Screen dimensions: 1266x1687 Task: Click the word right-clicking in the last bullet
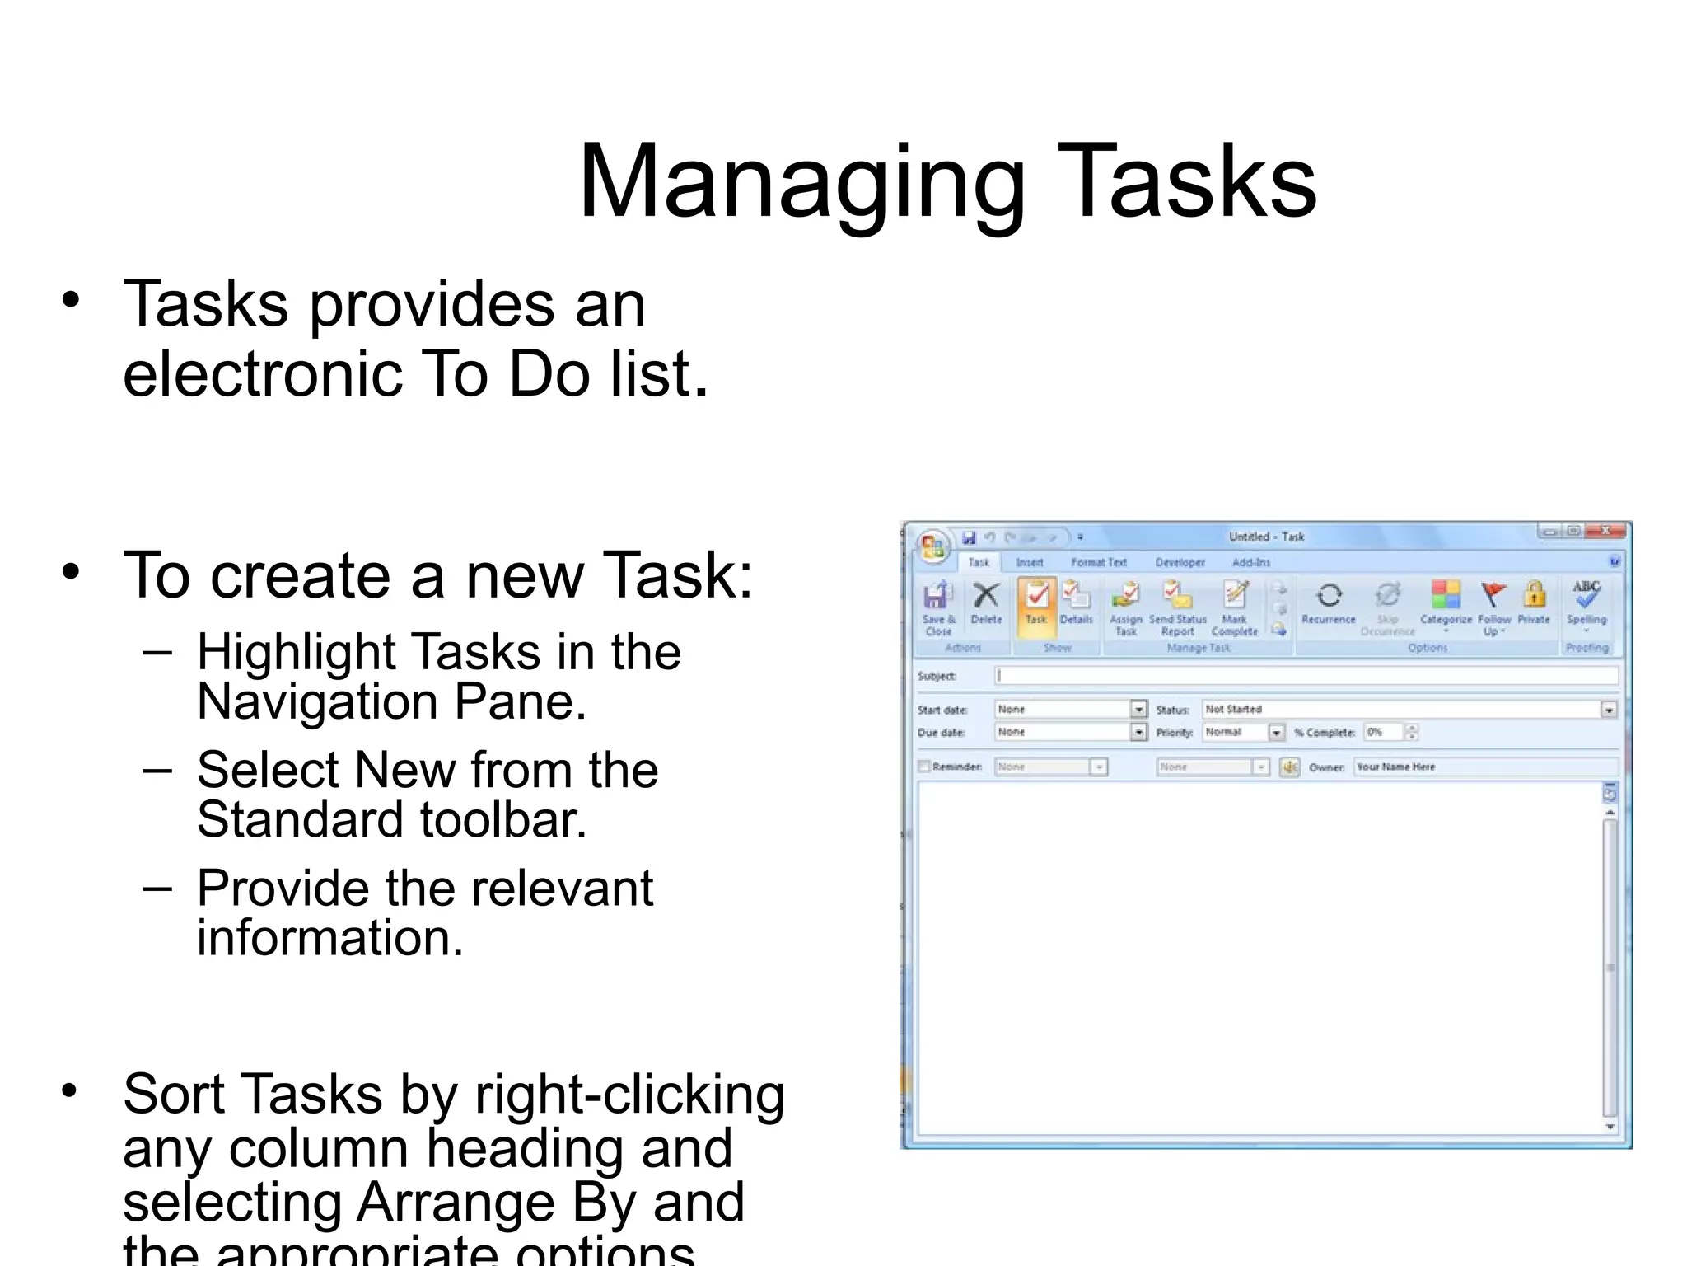coord(629,1095)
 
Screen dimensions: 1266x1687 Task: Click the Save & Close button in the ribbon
coord(937,607)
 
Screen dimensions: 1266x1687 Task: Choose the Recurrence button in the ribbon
coord(1328,602)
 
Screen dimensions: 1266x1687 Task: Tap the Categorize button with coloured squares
coord(1446,602)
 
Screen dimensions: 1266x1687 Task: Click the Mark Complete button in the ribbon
coord(1234,605)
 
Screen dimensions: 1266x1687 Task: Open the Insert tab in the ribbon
coord(1029,562)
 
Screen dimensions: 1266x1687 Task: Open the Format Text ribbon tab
coord(1098,562)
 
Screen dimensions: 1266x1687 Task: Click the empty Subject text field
coord(1305,676)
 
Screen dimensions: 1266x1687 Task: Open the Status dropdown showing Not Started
coord(1608,710)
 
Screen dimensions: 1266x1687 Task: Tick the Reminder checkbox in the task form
coord(924,767)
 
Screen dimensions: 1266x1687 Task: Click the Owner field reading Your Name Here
coord(1483,767)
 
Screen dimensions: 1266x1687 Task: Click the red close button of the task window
coord(1606,532)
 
